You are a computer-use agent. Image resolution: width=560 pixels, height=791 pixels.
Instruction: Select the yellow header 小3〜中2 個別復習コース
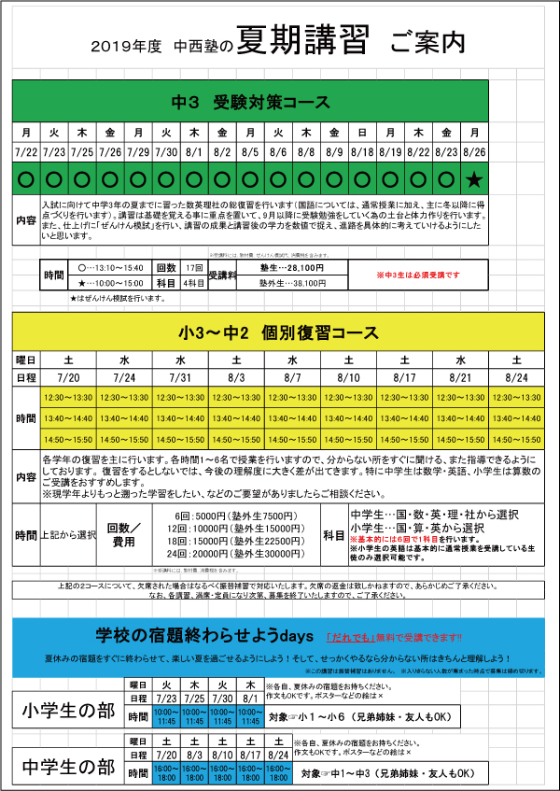(279, 333)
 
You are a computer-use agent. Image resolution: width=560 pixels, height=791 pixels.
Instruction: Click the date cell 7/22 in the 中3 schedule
(27, 150)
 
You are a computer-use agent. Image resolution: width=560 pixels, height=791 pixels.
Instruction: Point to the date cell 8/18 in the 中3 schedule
(363, 150)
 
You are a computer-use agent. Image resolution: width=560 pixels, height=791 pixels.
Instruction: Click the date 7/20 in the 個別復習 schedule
(69, 377)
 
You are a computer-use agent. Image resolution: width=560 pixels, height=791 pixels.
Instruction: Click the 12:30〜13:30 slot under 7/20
(69, 398)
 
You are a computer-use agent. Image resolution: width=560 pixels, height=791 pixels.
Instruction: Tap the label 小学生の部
(69, 712)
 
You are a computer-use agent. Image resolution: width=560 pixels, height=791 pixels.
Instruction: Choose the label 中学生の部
(69, 768)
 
